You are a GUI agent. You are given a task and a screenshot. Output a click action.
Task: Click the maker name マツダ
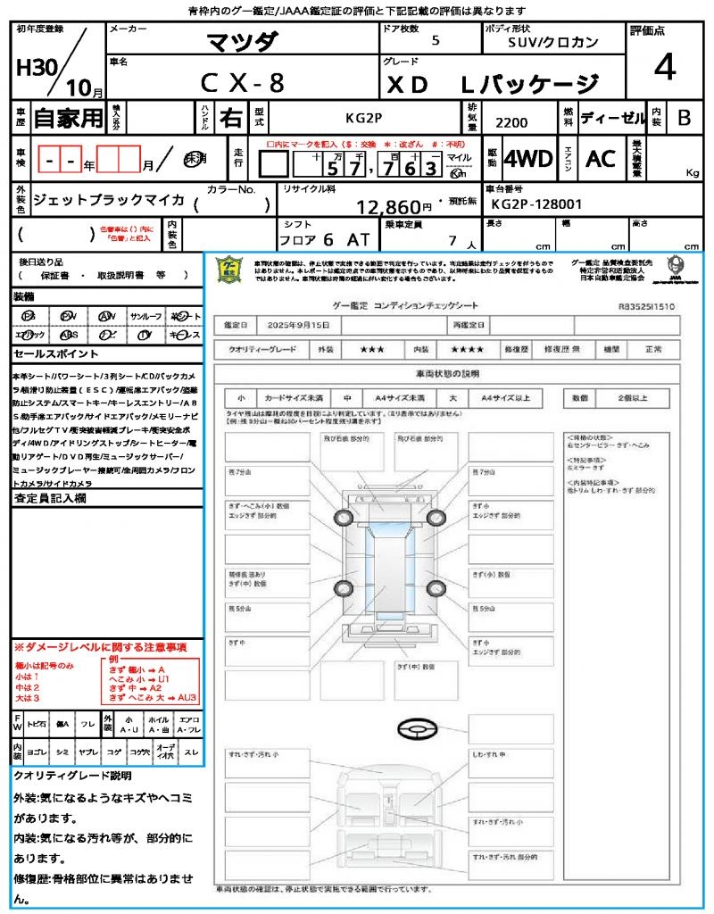click(242, 41)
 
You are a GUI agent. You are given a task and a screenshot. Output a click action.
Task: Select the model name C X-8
click(241, 83)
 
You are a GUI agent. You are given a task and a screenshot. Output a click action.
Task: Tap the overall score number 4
click(663, 68)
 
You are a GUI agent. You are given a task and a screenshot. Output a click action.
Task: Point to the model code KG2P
click(363, 117)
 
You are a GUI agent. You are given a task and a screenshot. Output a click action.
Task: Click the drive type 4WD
click(527, 159)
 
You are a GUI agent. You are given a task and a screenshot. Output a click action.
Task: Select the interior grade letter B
click(683, 117)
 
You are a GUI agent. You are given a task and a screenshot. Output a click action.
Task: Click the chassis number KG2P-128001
click(536, 204)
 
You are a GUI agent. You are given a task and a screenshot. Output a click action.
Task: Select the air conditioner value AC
click(601, 159)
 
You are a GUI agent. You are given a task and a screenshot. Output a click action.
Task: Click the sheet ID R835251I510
click(646, 306)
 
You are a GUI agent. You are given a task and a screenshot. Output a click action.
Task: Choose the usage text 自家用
click(68, 118)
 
